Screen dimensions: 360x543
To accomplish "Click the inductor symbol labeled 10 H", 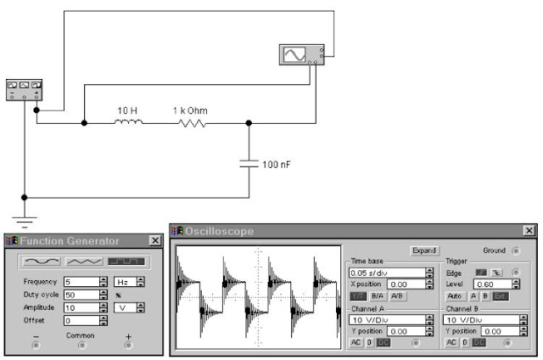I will [x=129, y=122].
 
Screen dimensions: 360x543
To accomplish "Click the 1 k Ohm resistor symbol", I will [x=192, y=122].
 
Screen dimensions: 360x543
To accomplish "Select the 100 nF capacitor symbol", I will [x=249, y=164].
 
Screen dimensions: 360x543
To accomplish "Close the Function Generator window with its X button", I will [x=155, y=241].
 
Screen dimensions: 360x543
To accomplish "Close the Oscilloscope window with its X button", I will [x=529, y=231].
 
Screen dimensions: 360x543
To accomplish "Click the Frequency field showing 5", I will [x=80, y=281].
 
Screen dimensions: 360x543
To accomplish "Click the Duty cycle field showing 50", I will [x=80, y=295].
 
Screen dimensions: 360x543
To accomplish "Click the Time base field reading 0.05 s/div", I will [x=383, y=273].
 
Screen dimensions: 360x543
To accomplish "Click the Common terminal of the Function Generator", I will [x=81, y=346].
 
